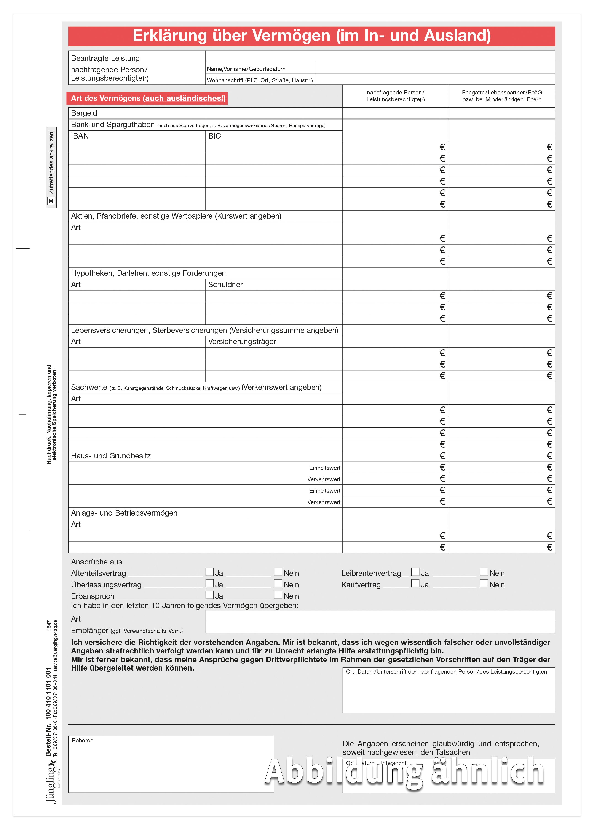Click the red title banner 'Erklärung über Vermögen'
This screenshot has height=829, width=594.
(x=311, y=36)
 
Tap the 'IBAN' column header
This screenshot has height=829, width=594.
(x=80, y=136)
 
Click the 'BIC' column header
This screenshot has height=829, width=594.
(x=214, y=136)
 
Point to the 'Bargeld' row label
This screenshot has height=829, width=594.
(x=84, y=113)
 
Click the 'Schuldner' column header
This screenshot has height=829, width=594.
(x=225, y=285)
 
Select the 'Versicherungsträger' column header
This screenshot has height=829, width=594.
(x=242, y=342)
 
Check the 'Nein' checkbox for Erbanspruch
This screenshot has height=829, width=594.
(x=278, y=595)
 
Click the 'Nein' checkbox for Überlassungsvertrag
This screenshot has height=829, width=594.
(x=278, y=583)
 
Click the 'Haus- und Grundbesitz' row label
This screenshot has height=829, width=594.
(x=111, y=456)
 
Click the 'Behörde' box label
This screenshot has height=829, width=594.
(x=83, y=741)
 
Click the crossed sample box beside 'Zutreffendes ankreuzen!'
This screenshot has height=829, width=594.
(x=51, y=201)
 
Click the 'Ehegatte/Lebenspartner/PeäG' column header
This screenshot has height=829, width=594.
(x=502, y=96)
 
